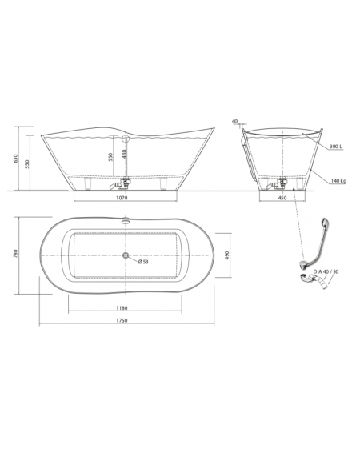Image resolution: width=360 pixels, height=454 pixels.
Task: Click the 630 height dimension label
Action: (16, 159)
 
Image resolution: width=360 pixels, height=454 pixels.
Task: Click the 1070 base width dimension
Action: (122, 198)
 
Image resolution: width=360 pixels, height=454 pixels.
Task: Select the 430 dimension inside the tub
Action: (124, 153)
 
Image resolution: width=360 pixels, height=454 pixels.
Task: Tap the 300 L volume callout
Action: (336, 147)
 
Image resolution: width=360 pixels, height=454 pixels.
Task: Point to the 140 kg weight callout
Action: (339, 181)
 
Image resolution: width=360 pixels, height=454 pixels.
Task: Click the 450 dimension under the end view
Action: (282, 198)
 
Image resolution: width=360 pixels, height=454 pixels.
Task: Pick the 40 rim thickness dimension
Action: (234, 121)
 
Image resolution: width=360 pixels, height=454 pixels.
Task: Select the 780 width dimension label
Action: (16, 253)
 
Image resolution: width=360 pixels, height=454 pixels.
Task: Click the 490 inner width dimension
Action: (227, 255)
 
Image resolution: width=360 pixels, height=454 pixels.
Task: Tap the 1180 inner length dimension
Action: (122, 308)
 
